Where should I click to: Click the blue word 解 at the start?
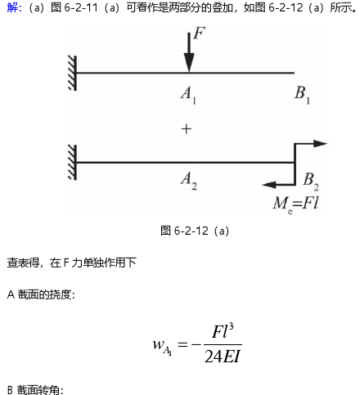pyautogui.click(x=12, y=7)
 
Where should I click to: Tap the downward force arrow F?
pyautogui.click(x=189, y=52)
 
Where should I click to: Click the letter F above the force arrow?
pyautogui.click(x=199, y=33)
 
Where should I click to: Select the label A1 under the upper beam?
pyautogui.click(x=188, y=95)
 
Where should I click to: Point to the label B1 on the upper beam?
pyautogui.click(x=302, y=95)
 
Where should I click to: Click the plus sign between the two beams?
pyautogui.click(x=187, y=129)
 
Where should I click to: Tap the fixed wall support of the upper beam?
pyautogui.click(x=72, y=73)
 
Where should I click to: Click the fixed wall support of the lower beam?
pyautogui.click(x=72, y=163)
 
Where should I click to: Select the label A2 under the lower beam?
pyautogui.click(x=189, y=181)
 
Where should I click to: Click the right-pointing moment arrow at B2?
pyautogui.click(x=310, y=144)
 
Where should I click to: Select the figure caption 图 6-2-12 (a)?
pyautogui.click(x=195, y=231)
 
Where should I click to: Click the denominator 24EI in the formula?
pyautogui.click(x=223, y=356)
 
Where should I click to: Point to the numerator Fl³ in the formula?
pyautogui.click(x=223, y=331)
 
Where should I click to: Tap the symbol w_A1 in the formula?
pyautogui.click(x=162, y=346)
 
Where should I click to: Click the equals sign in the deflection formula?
pyautogui.click(x=182, y=344)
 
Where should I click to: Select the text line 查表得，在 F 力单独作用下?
pyautogui.click(x=71, y=263)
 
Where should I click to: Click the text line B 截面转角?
pyautogui.click(x=35, y=390)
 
